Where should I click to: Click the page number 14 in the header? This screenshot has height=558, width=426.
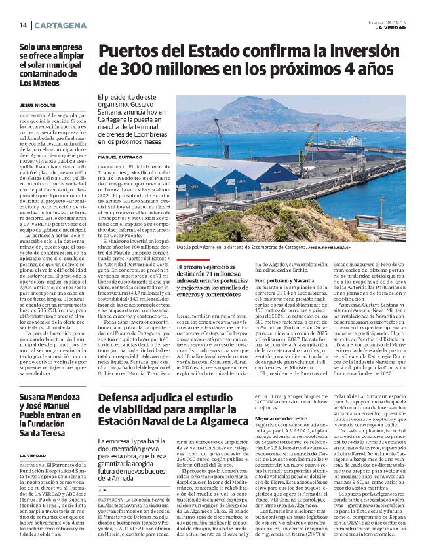pyautogui.click(x=22, y=25)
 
